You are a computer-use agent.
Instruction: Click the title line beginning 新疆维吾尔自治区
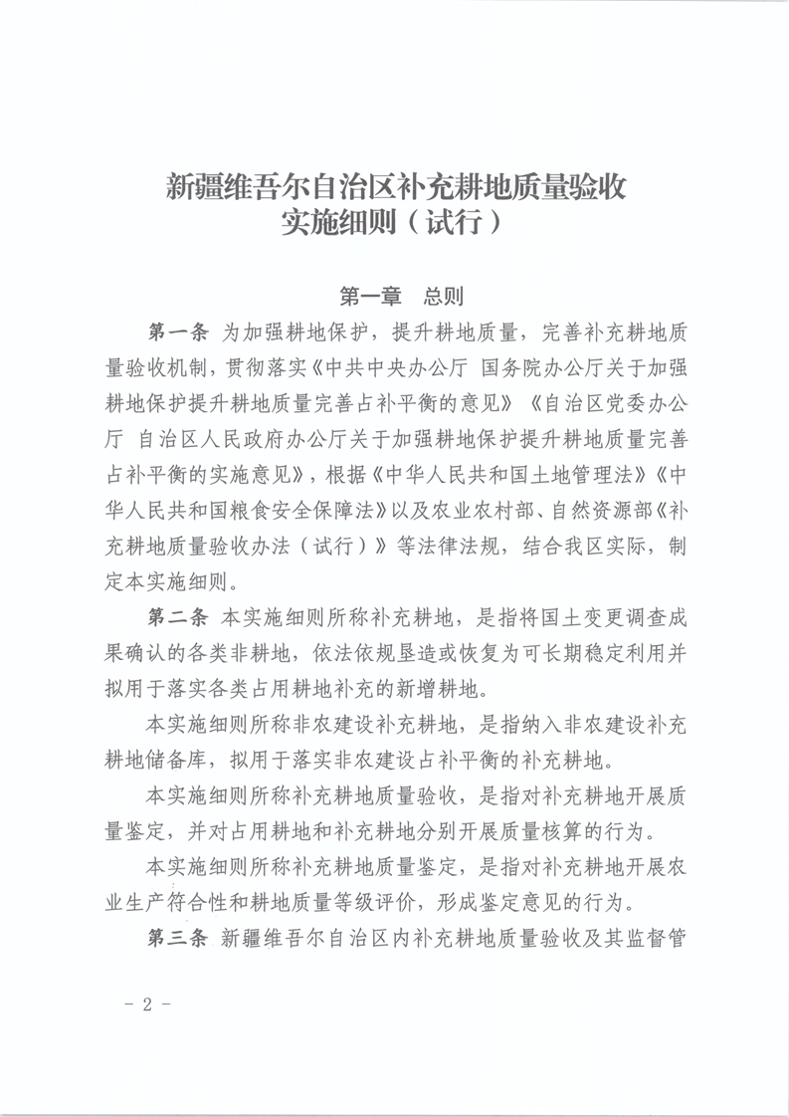click(395, 186)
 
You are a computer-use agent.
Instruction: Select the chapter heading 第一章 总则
click(395, 296)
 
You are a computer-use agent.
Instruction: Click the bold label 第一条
click(177, 331)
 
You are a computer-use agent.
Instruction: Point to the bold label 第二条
click(177, 617)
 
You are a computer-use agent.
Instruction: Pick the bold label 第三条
click(177, 938)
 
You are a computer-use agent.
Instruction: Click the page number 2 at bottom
click(147, 1004)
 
